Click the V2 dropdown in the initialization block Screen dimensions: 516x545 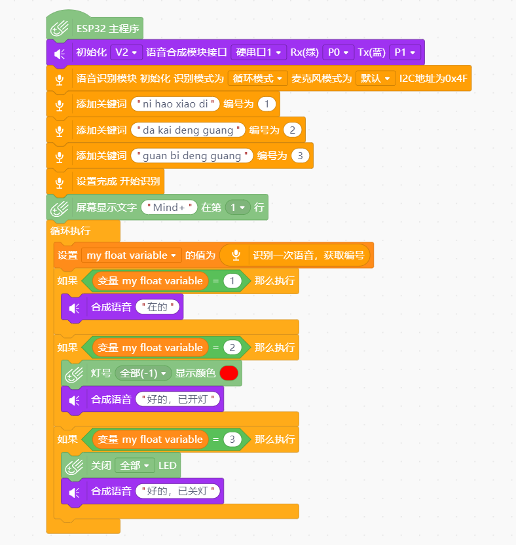point(126,52)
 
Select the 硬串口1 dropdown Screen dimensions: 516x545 point(259,52)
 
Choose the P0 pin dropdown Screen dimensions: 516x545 point(338,52)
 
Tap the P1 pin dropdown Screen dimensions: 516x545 point(405,52)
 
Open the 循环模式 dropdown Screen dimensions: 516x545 point(257,78)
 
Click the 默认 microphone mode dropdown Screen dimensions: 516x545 point(375,78)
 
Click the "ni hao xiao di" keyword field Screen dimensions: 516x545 point(175,104)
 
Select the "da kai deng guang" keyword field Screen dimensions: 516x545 point(188,130)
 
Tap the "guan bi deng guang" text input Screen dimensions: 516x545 point(192,156)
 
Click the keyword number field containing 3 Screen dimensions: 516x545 point(300,156)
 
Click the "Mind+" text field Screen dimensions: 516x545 point(169,208)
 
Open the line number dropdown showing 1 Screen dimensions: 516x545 point(238,208)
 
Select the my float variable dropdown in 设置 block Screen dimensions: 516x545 point(132,255)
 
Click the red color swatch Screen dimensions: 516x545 point(229,373)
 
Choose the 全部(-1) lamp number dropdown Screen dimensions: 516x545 point(143,373)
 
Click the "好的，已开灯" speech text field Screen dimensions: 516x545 point(178,399)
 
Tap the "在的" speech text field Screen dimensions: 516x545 point(158,307)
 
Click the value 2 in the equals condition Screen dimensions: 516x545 point(232,348)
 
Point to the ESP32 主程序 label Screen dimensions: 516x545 point(107,29)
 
